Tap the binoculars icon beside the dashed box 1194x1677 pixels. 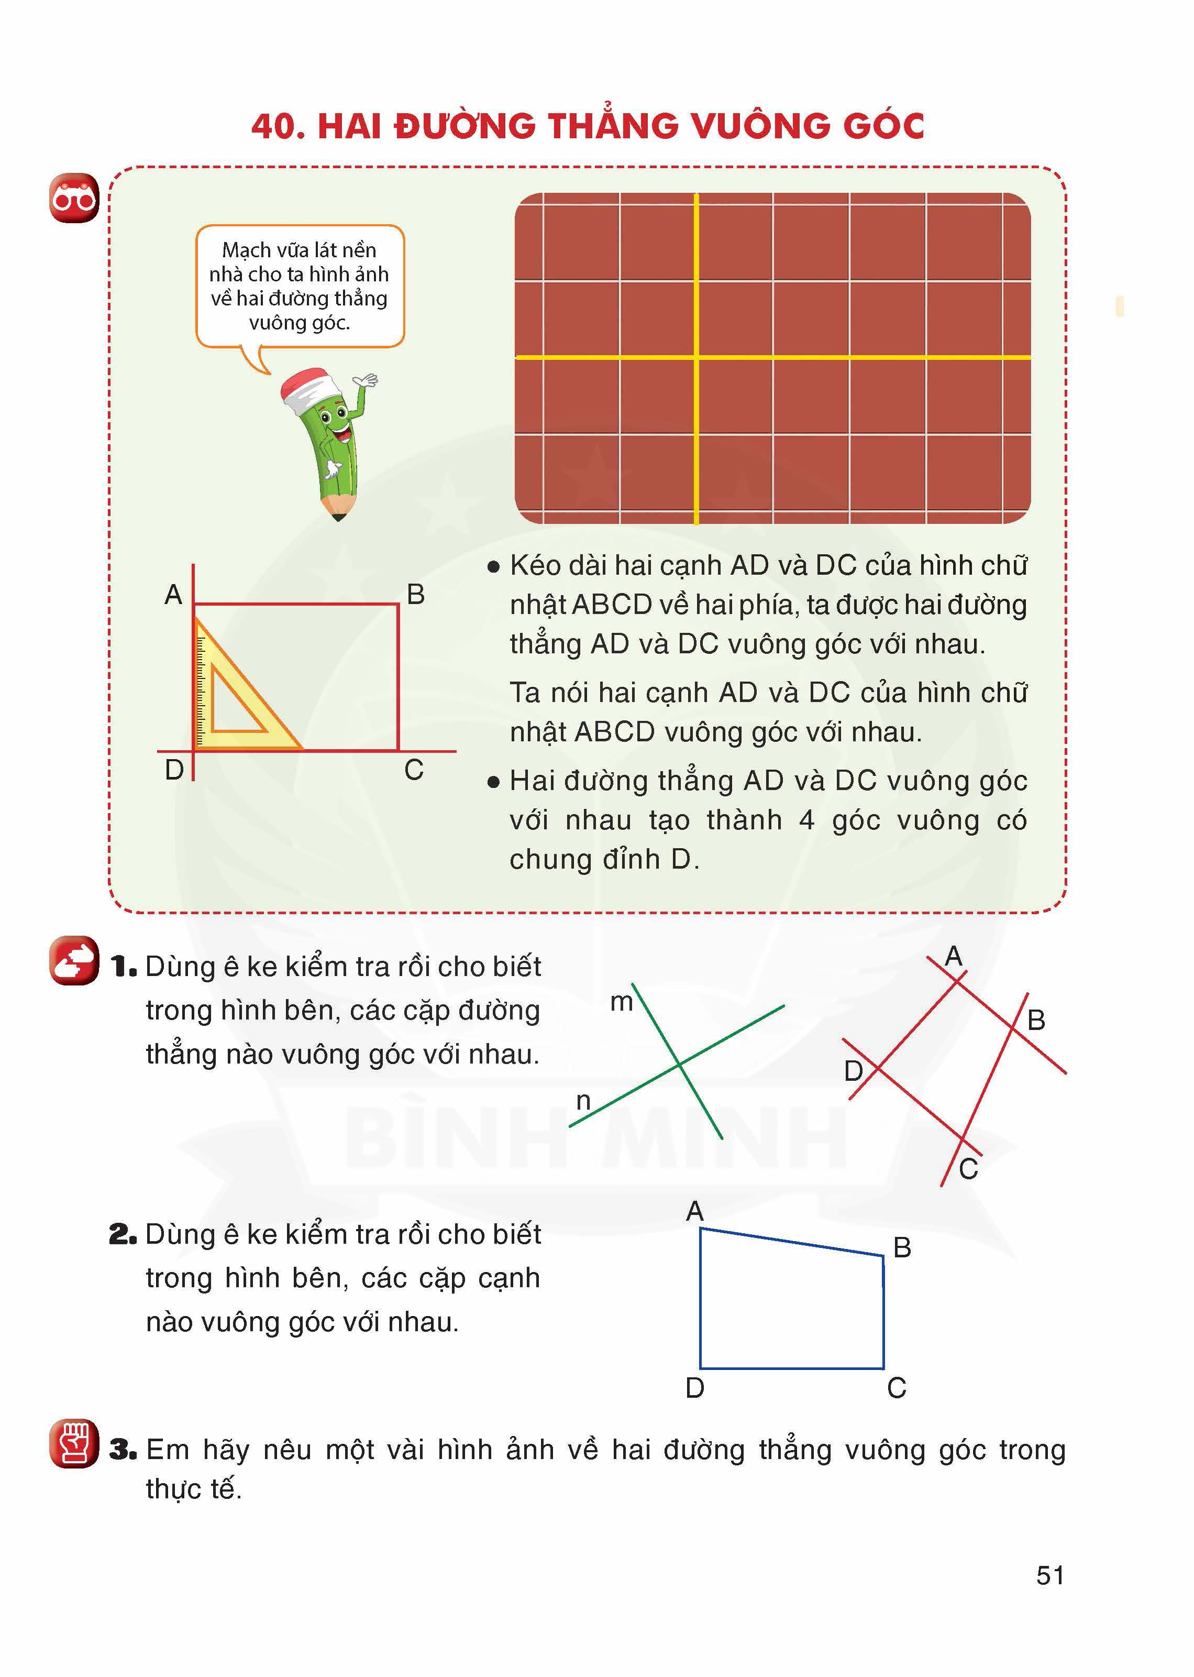[73, 198]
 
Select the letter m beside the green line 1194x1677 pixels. [621, 1002]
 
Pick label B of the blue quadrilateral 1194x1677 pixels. [902, 1247]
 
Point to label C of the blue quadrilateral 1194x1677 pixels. [896, 1388]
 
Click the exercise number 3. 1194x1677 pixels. [123, 1450]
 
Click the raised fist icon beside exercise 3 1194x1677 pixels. [73, 1443]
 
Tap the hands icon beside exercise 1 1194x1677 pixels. [73, 961]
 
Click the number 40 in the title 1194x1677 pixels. [278, 126]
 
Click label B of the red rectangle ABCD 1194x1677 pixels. [415, 594]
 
